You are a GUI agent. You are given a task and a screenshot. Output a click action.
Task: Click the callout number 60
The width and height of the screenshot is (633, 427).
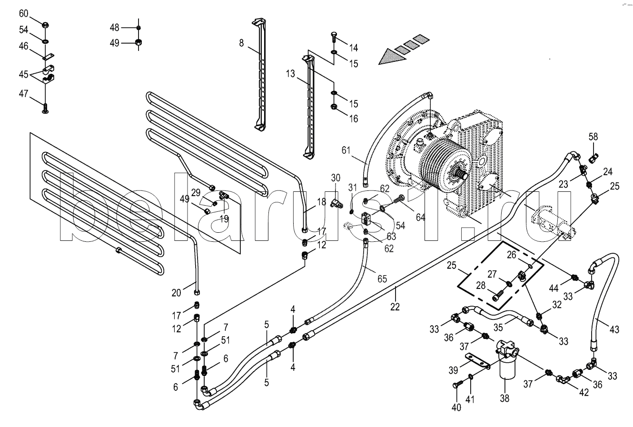[x=24, y=13]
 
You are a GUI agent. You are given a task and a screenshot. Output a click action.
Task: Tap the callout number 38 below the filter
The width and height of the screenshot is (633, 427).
[x=504, y=398]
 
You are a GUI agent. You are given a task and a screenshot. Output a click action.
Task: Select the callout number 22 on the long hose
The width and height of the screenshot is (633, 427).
[x=395, y=307]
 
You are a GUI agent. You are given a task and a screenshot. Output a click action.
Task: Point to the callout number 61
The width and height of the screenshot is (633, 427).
[x=346, y=150]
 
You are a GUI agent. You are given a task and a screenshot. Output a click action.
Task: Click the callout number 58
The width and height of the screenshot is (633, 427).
[x=593, y=137]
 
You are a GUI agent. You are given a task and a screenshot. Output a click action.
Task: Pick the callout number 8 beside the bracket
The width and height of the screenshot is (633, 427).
[x=241, y=43]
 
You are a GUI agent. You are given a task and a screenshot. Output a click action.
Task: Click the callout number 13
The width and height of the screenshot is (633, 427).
[x=290, y=74]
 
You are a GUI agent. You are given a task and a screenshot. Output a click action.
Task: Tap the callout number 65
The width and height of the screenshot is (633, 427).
[x=382, y=279]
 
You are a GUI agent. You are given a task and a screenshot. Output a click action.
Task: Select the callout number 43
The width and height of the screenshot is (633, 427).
[x=614, y=329]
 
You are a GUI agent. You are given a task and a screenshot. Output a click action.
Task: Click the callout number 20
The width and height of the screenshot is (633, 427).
[x=176, y=293]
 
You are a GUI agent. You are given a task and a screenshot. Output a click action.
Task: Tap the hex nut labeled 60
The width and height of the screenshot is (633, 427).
[x=45, y=25]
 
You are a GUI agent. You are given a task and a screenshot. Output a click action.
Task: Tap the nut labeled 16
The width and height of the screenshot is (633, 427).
[x=334, y=107]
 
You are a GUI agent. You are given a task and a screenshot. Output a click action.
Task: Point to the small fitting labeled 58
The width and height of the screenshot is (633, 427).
[x=593, y=158]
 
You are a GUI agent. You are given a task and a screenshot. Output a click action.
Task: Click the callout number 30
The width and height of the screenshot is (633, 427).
[x=336, y=178]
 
